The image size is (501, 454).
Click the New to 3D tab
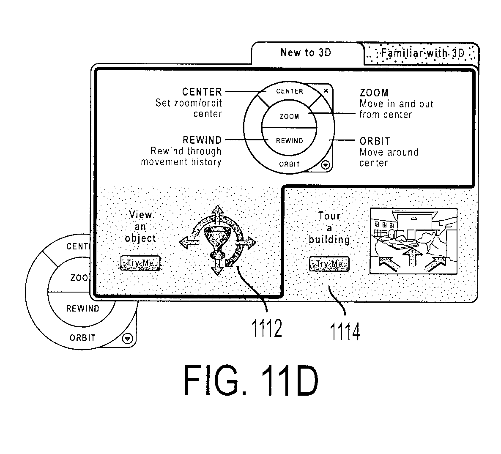[x=306, y=53]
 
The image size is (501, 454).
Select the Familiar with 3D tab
[x=422, y=53]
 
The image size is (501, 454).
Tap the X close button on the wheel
[x=326, y=91]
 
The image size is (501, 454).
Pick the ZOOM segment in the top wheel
[x=289, y=116]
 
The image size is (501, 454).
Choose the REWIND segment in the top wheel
[x=289, y=141]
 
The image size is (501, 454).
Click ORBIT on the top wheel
[x=289, y=164]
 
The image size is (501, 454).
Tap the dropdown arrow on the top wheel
[x=326, y=165]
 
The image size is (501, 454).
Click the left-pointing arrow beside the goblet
[x=189, y=243]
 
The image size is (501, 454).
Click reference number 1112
[x=267, y=328]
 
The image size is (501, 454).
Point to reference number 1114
[x=345, y=332]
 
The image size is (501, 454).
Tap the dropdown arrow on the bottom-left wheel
[x=128, y=338]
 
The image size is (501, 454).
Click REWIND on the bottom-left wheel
[x=83, y=309]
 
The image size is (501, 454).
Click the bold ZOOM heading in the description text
[x=374, y=93]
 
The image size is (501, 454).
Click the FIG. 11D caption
[x=250, y=380]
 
